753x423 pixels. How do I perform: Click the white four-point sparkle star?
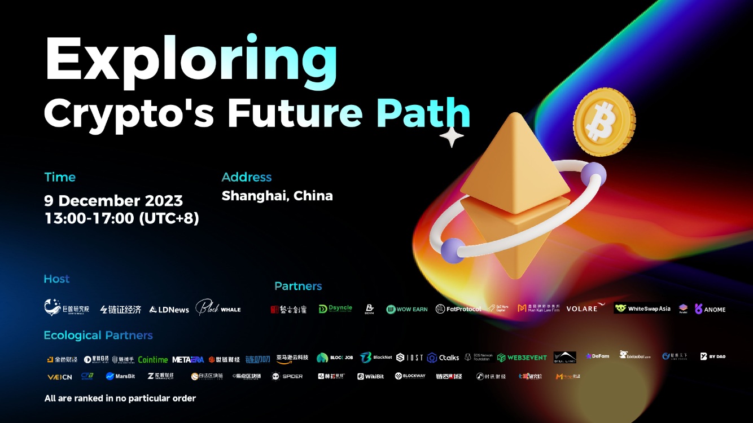(452, 137)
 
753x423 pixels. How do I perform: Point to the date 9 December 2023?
(113, 201)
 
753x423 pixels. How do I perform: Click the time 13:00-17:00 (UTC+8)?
(121, 218)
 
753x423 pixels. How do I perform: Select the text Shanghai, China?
(277, 196)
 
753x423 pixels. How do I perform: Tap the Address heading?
(247, 177)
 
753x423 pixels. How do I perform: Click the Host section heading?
(56, 279)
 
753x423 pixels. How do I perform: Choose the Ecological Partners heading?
(98, 335)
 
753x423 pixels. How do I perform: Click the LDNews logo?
(169, 309)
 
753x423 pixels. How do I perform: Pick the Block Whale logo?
(218, 308)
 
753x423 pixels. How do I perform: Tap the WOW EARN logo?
(407, 309)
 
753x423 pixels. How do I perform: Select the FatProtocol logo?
(458, 309)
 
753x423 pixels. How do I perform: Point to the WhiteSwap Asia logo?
(642, 309)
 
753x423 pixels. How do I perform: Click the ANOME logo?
(710, 309)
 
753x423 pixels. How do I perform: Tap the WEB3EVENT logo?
(522, 358)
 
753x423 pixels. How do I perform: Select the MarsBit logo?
(120, 376)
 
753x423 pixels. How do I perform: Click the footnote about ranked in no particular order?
(120, 398)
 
